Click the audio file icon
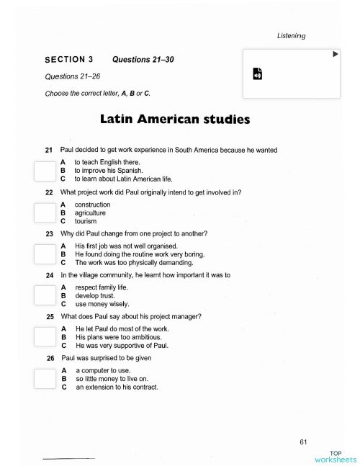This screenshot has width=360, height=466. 258,73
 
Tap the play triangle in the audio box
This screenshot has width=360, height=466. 335,54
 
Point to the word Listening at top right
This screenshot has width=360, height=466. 292,35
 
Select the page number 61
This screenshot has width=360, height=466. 303,441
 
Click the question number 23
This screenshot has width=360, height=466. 50,233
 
